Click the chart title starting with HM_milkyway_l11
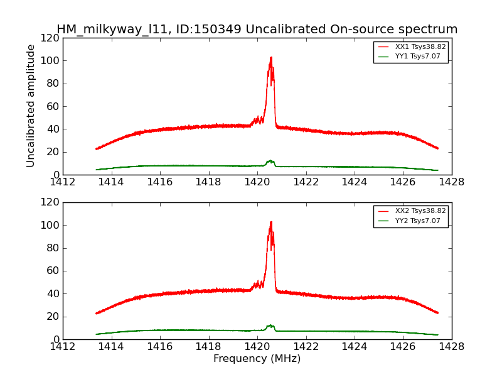257,30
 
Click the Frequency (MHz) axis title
257,359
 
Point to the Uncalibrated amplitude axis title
31,106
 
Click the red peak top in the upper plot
270,58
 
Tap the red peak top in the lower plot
270,222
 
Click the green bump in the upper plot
270,161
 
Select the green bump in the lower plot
270,325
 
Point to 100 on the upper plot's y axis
51,61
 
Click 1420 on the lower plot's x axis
257,346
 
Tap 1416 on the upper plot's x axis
159,182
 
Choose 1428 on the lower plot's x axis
451,346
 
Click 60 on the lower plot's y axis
53,271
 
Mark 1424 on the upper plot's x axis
354,182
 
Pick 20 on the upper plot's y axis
53,152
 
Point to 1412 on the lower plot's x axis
63,346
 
